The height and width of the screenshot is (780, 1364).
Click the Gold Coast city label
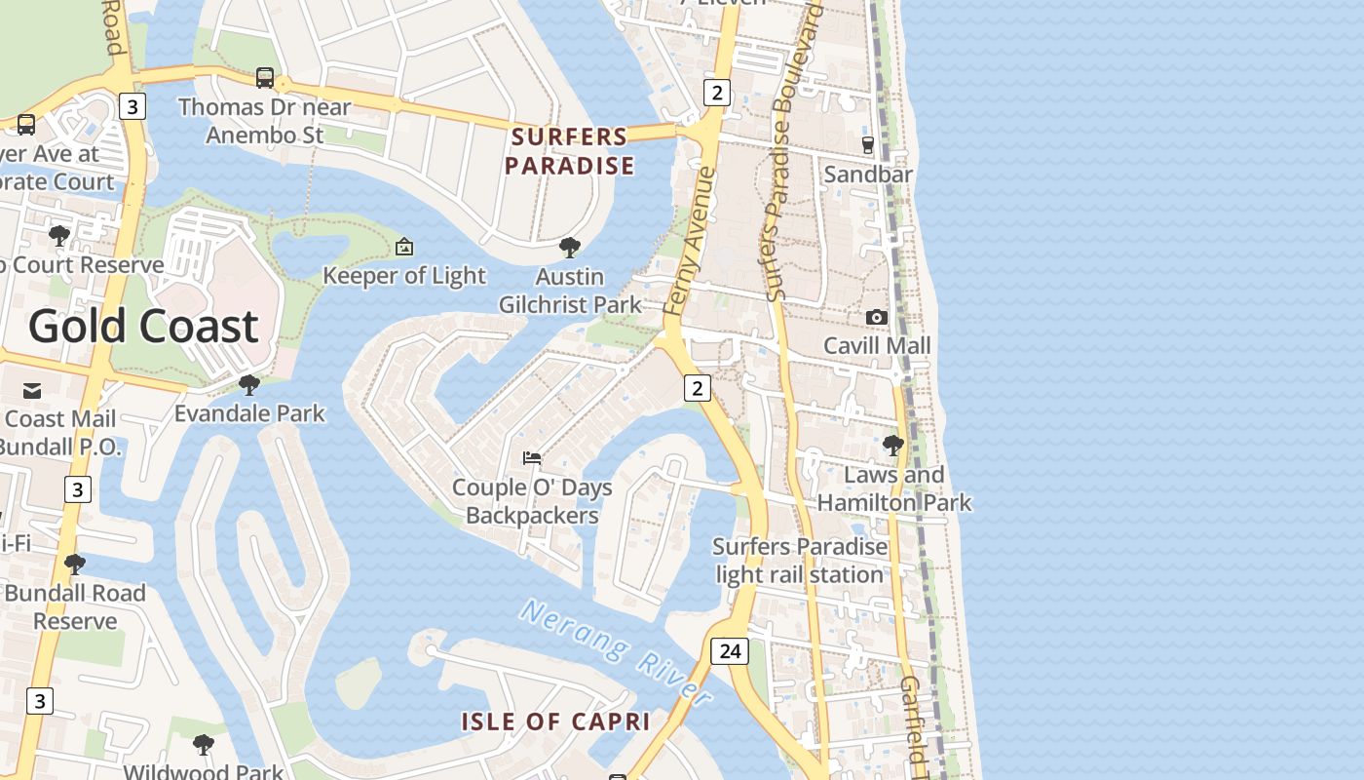[143, 326]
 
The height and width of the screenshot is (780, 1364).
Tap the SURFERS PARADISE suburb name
[570, 151]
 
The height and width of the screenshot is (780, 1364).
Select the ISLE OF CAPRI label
[555, 721]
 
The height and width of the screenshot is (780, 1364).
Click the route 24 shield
[729, 650]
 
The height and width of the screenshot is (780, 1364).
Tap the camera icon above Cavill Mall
[876, 317]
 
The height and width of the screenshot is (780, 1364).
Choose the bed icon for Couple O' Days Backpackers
[532, 457]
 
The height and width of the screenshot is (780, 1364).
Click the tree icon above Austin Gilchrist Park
[570, 248]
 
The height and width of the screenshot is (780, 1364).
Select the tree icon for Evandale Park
[249, 385]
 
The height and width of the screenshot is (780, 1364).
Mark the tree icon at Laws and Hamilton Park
[892, 446]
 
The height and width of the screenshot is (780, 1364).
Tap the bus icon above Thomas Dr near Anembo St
[264, 78]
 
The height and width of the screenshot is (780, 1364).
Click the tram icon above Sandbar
[867, 145]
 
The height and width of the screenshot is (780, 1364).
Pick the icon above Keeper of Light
[404, 247]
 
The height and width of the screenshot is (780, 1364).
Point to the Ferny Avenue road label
[690, 241]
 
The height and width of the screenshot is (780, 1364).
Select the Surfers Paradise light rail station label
[800, 561]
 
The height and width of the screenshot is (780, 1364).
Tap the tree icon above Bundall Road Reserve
[74, 565]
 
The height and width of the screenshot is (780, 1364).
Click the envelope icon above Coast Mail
[32, 391]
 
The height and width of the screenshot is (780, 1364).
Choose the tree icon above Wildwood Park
[203, 745]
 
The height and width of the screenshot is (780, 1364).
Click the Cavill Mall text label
[877, 345]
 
